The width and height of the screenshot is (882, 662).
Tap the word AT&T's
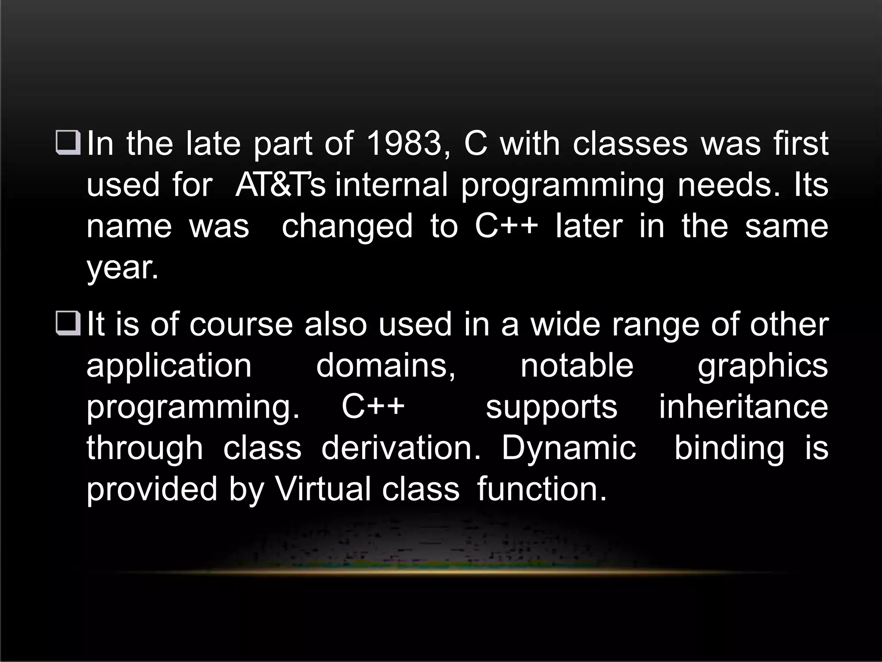pos(280,185)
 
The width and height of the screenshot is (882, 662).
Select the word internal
pos(391,185)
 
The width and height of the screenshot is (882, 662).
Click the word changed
pos(347,226)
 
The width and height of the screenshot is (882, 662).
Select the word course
pos(241,325)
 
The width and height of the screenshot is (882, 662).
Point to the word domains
pos(386,366)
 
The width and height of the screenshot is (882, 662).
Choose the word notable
pos(577,366)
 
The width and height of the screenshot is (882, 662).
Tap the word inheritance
pos(743,407)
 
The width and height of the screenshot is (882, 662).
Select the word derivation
pos(401,448)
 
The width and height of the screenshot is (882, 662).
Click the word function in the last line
pos(542,490)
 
